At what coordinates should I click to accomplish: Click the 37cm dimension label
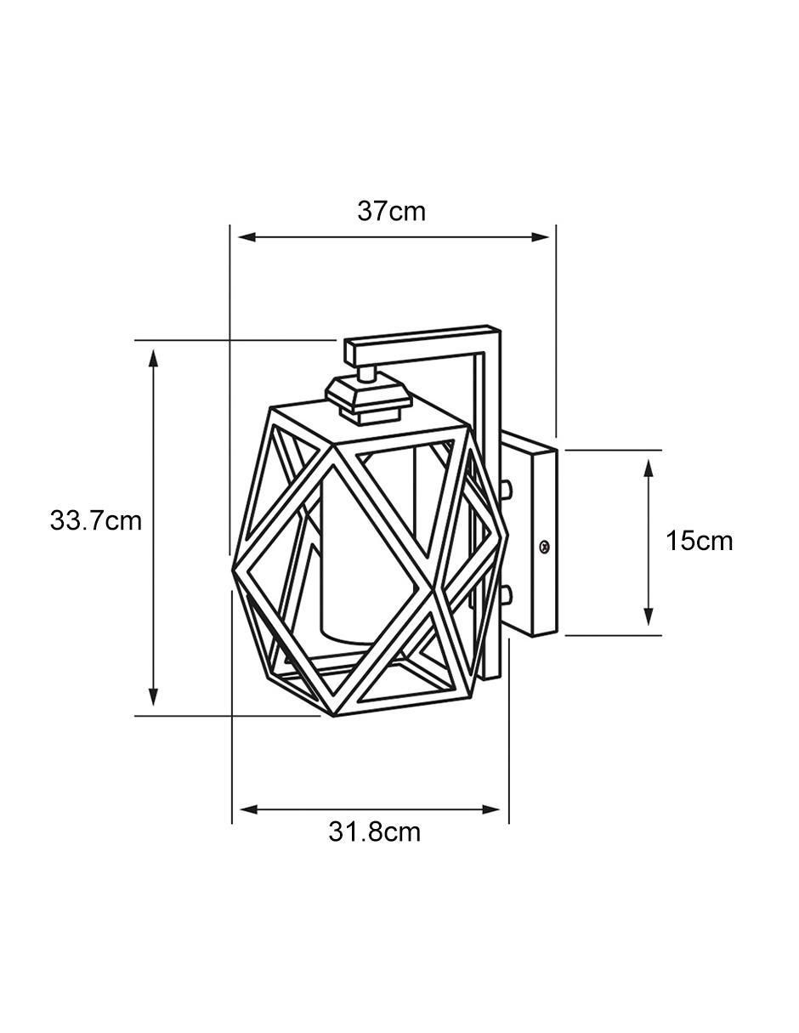(x=391, y=212)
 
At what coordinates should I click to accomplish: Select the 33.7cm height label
(x=96, y=520)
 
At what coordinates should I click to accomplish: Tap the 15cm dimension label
(x=700, y=541)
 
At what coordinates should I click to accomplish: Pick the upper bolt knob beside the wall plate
(x=507, y=488)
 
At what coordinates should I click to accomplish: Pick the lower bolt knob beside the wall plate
(x=507, y=594)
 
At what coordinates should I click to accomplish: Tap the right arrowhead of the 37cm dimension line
(x=540, y=236)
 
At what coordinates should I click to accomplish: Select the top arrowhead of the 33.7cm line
(x=153, y=359)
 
